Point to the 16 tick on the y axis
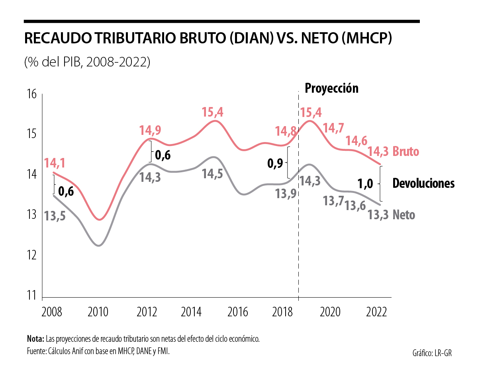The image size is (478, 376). coord(32,94)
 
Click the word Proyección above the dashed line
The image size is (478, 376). coord(331,88)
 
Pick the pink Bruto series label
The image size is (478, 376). coord(406,152)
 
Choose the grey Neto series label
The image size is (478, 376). coord(404,215)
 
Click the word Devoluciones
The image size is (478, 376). coord(423,183)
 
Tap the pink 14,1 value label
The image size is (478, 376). coord(55,163)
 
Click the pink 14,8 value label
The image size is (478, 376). coord(286,131)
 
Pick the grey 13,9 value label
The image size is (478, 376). coord(286,194)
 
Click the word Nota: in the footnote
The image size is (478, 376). coord(35,339)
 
